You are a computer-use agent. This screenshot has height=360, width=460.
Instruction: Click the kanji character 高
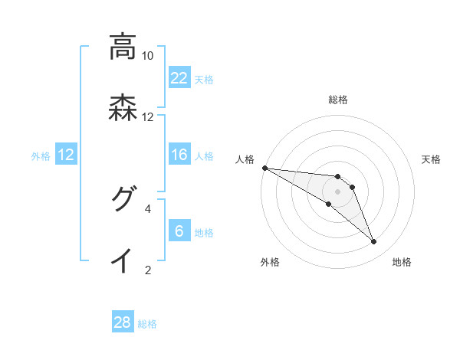pos(122,47)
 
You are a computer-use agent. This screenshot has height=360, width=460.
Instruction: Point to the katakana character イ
pos(122,260)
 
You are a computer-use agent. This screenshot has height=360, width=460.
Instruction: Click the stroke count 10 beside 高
pos(147,56)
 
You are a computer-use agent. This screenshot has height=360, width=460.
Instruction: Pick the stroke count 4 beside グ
pos(148,208)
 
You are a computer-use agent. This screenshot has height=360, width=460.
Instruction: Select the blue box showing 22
pos(179,78)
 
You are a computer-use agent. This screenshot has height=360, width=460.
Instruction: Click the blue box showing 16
pos(179,155)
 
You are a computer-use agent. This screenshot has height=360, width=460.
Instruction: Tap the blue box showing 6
pos(179,231)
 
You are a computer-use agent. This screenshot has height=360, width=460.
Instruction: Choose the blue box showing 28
pos(123,322)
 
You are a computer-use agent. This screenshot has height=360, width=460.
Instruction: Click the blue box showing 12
pos(66,155)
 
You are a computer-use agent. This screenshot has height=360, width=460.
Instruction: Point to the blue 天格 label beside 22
pos(204,79)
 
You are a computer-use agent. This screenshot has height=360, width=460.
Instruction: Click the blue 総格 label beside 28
pos(147,324)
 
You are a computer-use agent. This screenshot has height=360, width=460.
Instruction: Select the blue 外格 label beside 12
pos(41,155)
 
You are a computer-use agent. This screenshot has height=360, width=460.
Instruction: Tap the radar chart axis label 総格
pos(338,100)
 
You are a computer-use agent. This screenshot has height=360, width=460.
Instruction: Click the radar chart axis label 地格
pos(402,263)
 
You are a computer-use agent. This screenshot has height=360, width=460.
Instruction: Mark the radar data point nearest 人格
pos(264,168)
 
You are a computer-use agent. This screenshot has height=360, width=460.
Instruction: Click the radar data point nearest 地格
pos(374,242)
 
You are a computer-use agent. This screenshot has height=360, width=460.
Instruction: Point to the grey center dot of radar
pos(338,191)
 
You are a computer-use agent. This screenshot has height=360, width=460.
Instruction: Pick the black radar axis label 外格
pos(271,263)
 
